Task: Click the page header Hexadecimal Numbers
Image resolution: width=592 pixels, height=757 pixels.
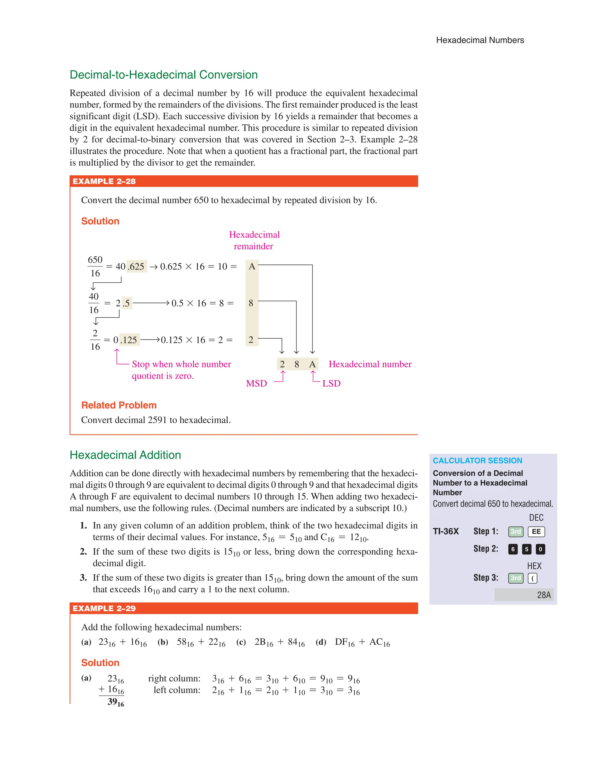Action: (x=480, y=40)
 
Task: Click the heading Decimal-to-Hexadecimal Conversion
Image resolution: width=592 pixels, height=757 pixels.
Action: (x=163, y=75)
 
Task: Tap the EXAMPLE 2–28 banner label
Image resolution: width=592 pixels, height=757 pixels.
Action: (x=104, y=181)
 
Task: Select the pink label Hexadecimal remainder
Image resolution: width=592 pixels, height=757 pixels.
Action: (x=254, y=240)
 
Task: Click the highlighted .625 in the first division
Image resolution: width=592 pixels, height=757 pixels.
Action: (x=137, y=267)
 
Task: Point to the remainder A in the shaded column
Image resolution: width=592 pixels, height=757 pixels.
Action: (x=252, y=266)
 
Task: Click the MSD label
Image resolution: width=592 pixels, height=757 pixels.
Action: (x=256, y=383)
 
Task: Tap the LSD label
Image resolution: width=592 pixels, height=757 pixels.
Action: (x=331, y=383)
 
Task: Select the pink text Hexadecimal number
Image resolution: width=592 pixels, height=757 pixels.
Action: (x=370, y=364)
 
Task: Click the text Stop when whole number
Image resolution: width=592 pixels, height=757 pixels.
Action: (x=181, y=364)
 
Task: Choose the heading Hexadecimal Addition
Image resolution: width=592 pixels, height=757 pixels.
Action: (x=125, y=455)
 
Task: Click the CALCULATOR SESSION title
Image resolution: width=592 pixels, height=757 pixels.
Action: (x=477, y=461)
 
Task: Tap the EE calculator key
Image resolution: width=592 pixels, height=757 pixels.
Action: (x=536, y=532)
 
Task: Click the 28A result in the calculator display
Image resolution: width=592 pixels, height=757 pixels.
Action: (x=543, y=595)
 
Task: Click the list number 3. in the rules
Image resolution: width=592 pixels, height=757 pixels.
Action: (x=83, y=578)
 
